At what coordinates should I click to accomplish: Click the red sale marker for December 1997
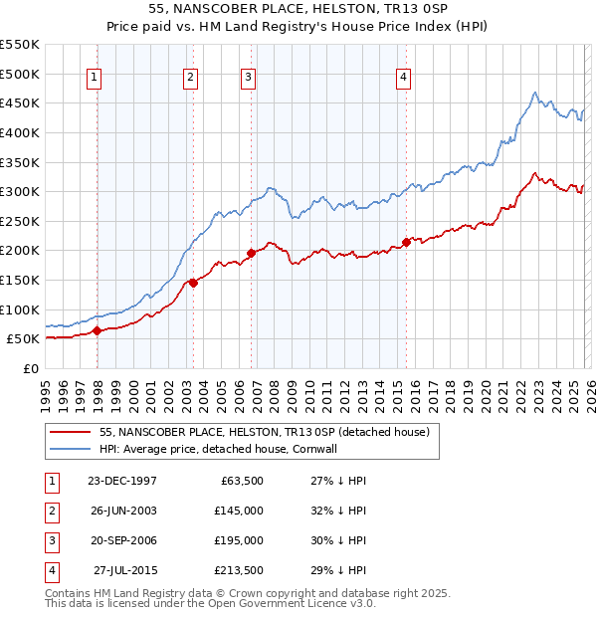pyautogui.click(x=97, y=331)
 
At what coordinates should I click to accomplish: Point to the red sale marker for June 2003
pyautogui.click(x=193, y=283)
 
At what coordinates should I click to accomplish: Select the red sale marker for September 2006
pyautogui.click(x=251, y=253)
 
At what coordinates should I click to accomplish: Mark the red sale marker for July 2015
pyautogui.click(x=406, y=242)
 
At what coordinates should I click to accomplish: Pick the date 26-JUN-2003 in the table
pyautogui.click(x=121, y=511)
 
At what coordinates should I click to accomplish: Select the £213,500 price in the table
pyautogui.click(x=238, y=570)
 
